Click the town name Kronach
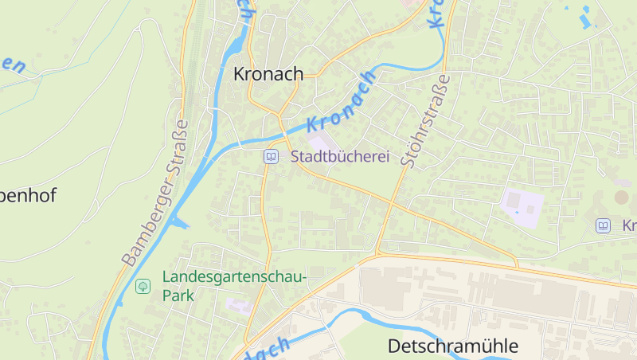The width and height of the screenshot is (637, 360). click(268, 74)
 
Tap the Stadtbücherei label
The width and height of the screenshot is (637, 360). click(340, 157)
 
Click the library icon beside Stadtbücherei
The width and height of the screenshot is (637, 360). click(271, 157)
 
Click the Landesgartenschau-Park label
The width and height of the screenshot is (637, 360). click(233, 286)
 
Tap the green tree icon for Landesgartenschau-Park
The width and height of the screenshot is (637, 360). click(143, 285)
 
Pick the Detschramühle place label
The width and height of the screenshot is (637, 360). click(452, 346)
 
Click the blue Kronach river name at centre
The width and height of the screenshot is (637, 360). click(341, 102)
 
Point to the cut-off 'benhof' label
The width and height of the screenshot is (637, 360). click(28, 196)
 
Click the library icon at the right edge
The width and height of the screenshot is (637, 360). click(603, 226)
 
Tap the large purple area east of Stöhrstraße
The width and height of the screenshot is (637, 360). click(522, 204)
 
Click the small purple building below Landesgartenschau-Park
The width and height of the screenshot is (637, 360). click(236, 306)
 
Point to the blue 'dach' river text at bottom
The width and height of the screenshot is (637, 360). click(268, 348)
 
